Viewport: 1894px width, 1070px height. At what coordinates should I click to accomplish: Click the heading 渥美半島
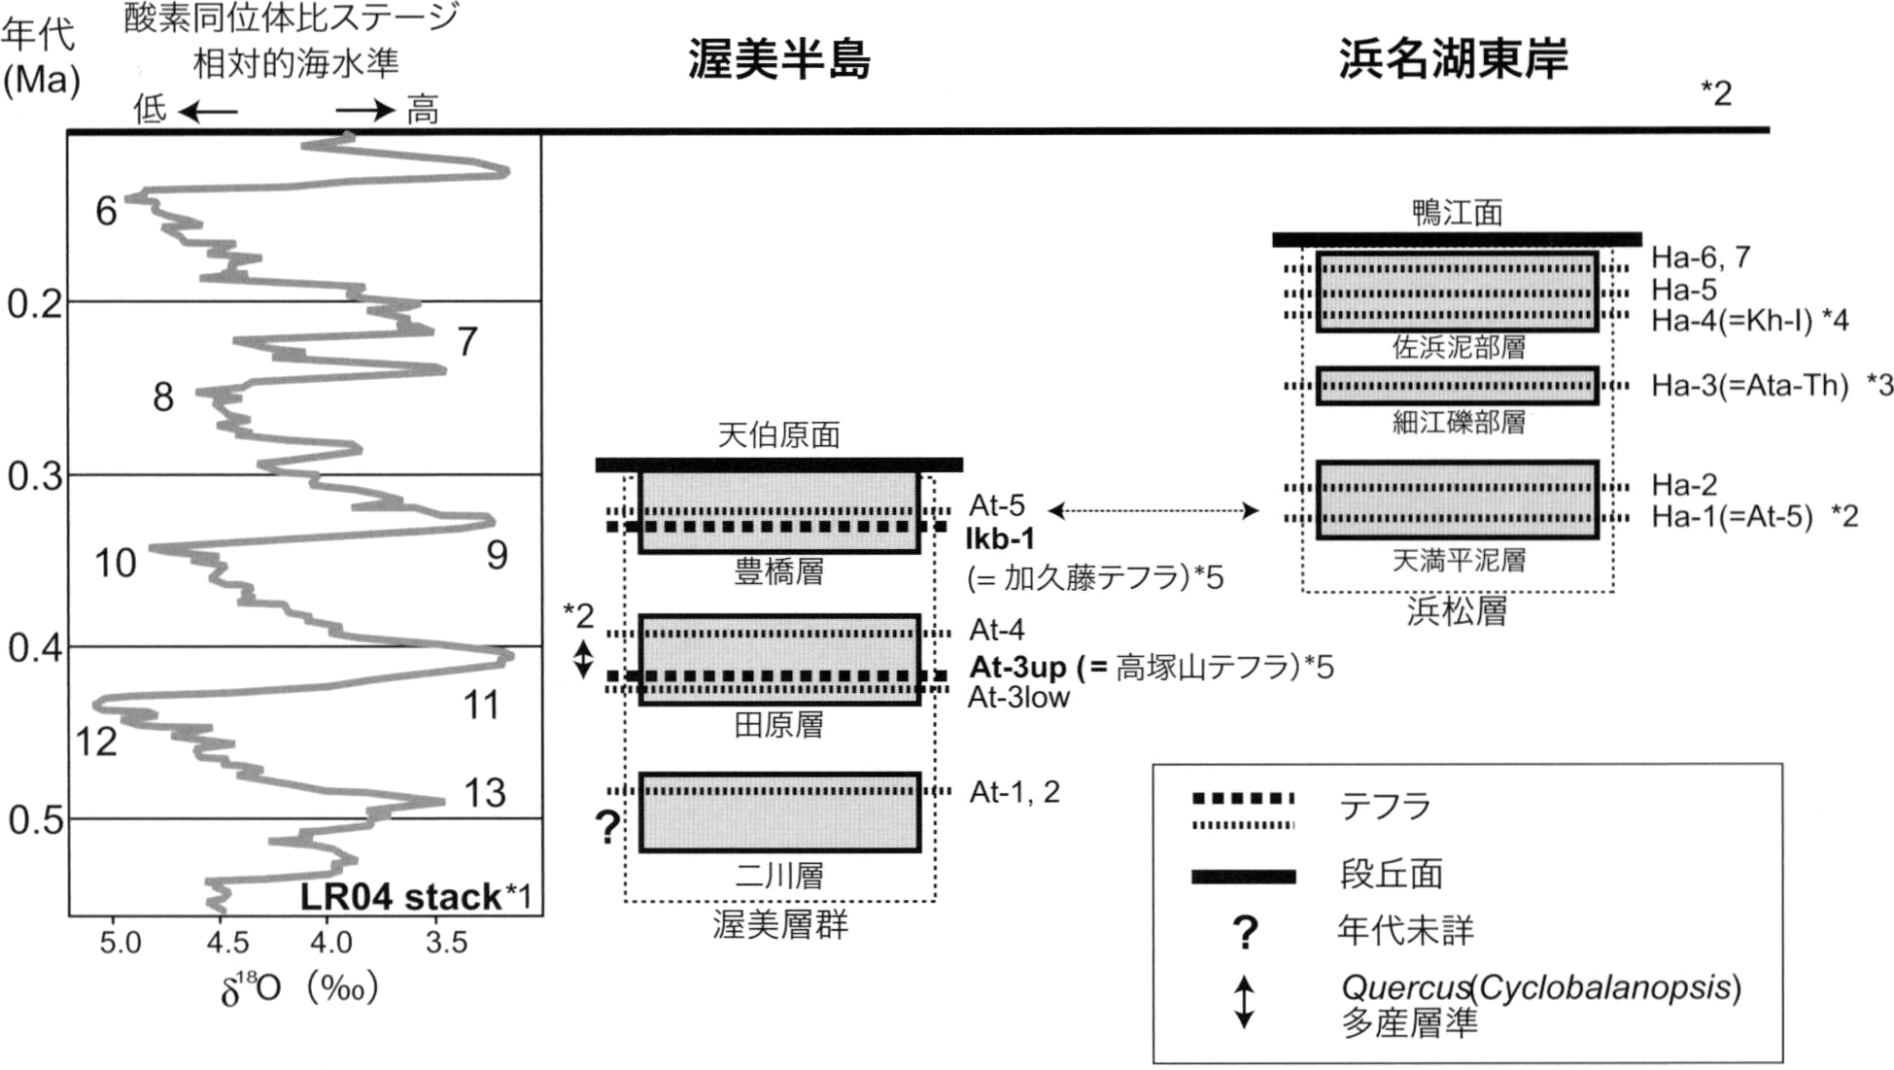[779, 59]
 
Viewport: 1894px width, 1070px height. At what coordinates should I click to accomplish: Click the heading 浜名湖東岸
[1453, 59]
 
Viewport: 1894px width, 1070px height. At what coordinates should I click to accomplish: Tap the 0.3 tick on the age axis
[34, 477]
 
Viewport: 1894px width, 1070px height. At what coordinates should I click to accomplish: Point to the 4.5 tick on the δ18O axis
[227, 942]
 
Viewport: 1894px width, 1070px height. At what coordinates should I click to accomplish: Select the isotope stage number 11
[481, 705]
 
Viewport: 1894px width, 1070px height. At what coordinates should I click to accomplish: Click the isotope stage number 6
[106, 211]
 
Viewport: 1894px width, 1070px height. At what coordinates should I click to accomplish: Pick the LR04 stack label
[416, 896]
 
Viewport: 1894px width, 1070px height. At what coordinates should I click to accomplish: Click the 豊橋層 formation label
[778, 571]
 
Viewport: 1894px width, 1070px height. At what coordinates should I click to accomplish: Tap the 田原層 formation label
[778, 724]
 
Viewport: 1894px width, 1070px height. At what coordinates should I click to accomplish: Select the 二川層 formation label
[778, 876]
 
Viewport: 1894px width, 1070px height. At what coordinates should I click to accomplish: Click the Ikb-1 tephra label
[1000, 538]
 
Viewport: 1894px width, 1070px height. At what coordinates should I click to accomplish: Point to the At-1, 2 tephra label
[1015, 792]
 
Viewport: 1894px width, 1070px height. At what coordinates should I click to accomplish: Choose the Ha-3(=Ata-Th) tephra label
[1749, 386]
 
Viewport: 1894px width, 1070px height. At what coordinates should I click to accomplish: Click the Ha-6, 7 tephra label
[1701, 257]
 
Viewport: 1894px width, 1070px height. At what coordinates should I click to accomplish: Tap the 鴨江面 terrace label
[1457, 213]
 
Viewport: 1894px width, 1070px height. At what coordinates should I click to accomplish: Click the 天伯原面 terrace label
[778, 434]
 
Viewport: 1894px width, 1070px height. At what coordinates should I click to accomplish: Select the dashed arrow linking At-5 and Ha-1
[1154, 510]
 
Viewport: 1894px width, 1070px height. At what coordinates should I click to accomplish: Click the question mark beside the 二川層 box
[607, 828]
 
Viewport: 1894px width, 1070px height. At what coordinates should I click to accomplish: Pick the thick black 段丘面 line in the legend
[1244, 877]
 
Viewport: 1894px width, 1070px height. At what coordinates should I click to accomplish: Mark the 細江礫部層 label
[1459, 422]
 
